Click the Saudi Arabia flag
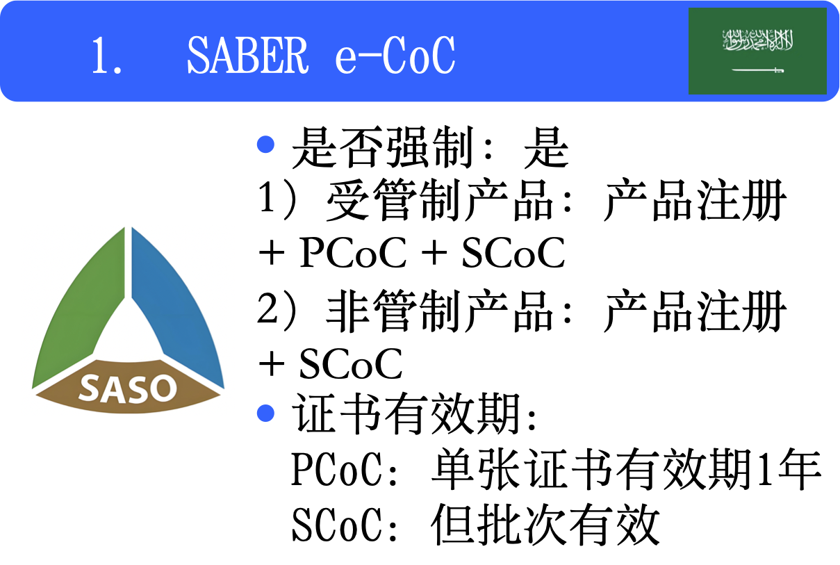coord(757,51)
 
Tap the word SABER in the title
coord(247,55)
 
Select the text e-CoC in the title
coord(395,55)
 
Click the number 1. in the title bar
coord(108,56)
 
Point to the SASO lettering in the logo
coord(128,388)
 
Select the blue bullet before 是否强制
coord(266,145)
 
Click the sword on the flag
coord(757,70)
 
